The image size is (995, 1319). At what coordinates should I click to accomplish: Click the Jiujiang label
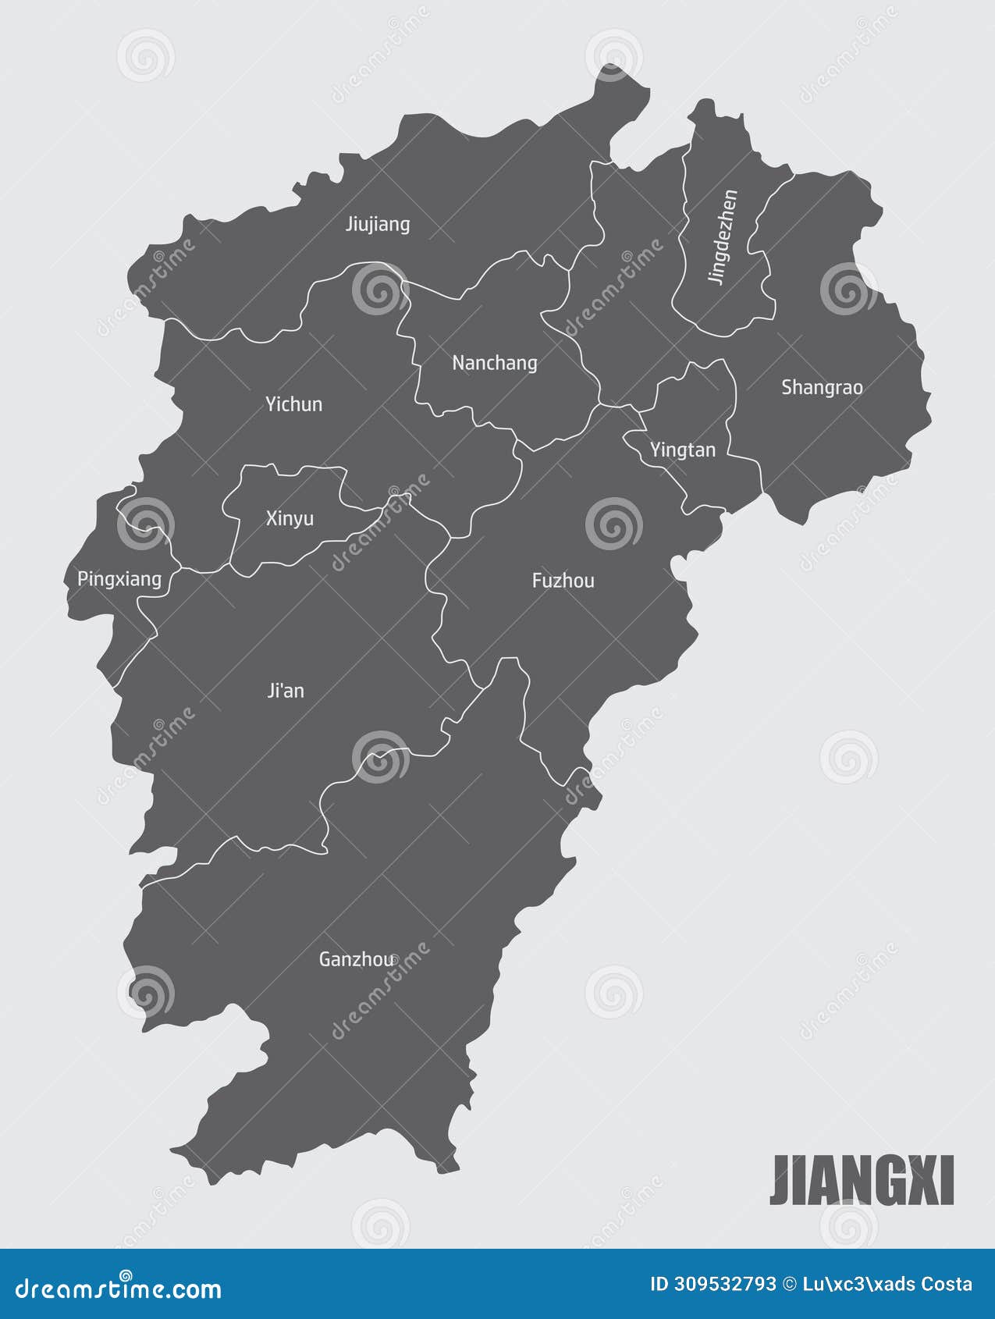click(x=378, y=225)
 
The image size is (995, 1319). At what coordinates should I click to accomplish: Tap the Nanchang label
click(x=495, y=363)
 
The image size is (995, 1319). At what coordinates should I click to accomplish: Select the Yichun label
click(x=293, y=404)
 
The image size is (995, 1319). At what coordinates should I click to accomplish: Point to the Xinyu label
click(x=290, y=518)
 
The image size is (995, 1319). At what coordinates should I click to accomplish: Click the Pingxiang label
click(x=119, y=579)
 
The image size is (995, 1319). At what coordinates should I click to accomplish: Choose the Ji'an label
click(x=286, y=691)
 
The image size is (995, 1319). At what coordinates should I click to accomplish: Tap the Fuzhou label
click(x=563, y=581)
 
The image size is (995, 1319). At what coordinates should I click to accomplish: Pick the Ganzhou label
click(x=357, y=959)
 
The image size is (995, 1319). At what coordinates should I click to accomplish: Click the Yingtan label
click(x=683, y=450)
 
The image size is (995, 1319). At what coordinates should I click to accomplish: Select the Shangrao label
click(x=822, y=387)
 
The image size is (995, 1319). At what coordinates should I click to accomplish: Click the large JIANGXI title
click(x=862, y=1181)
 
